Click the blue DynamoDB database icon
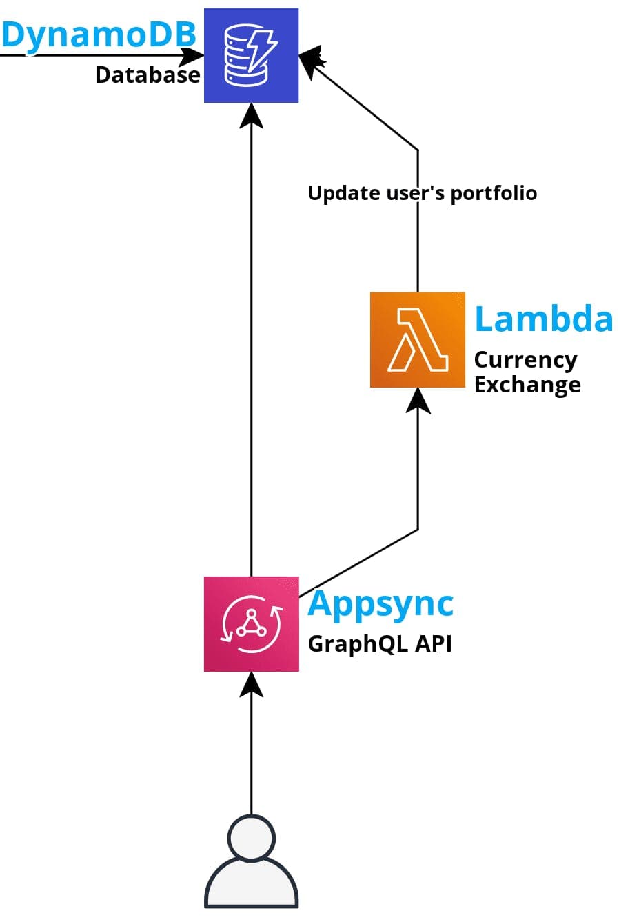251,55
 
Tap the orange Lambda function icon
417,339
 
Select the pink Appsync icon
251,623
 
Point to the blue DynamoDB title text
99,34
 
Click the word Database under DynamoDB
147,74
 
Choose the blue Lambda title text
543,319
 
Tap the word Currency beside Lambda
525,360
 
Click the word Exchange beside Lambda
527,384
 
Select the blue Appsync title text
380,604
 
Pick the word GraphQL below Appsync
357,644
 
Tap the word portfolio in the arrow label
494,193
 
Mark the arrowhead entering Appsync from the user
251,683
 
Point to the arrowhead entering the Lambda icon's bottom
418,400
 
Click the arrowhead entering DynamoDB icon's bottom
251,115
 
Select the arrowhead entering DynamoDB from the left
192,55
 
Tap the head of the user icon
251,837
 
